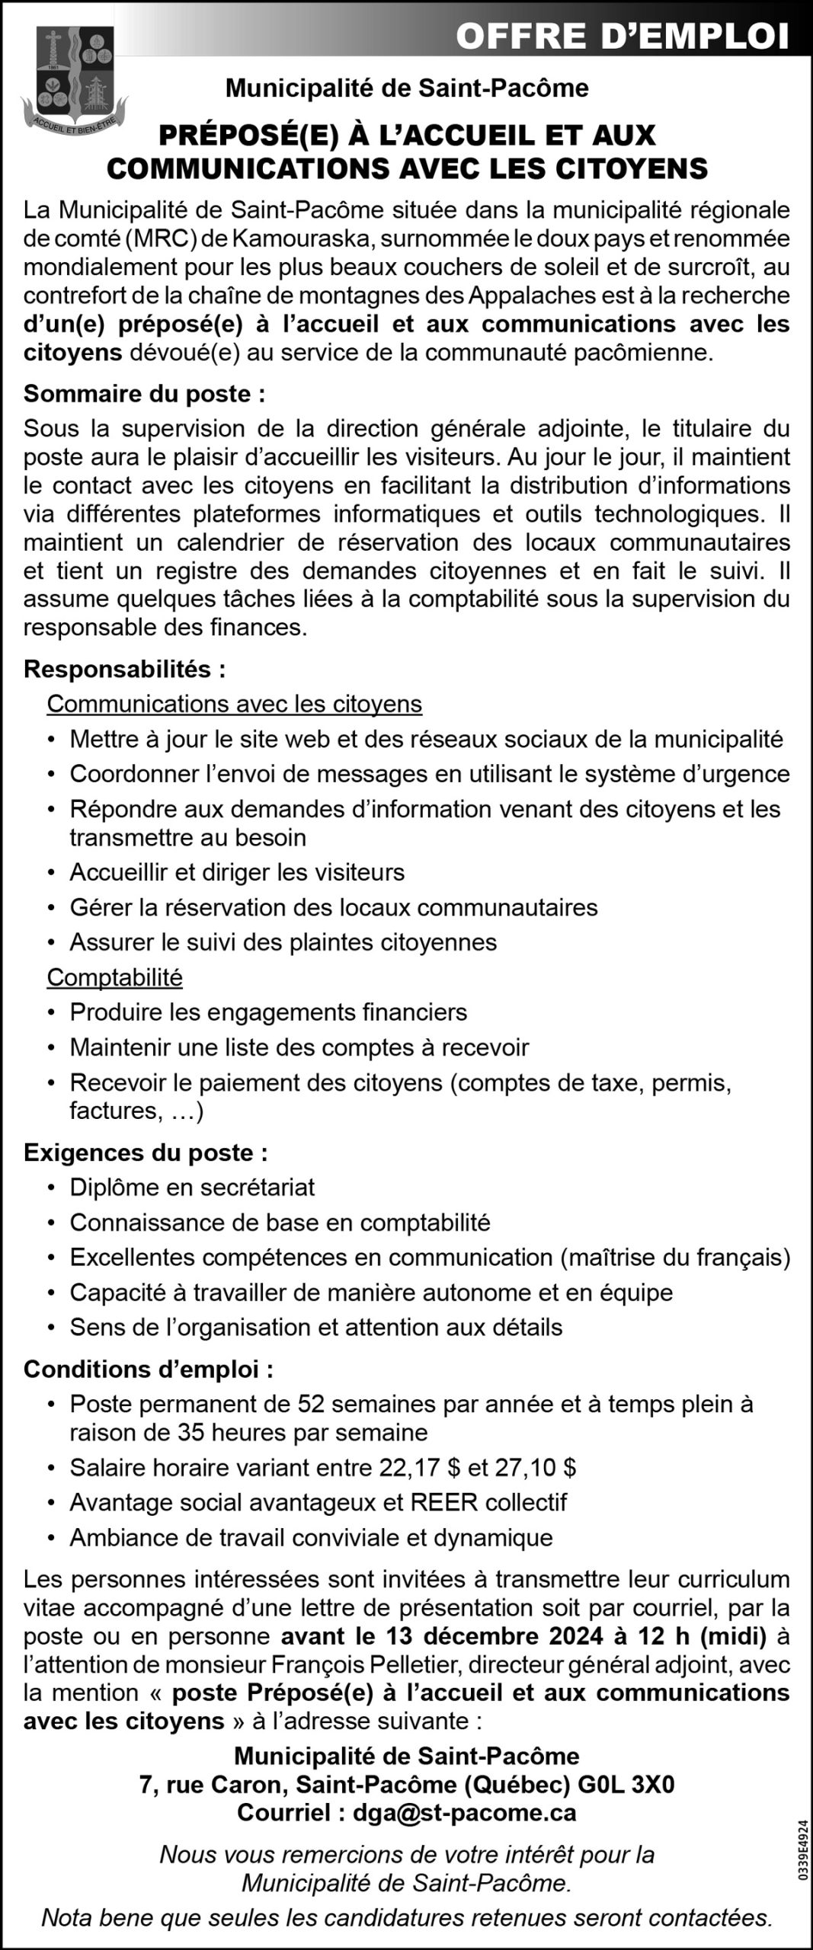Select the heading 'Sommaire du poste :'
[x=145, y=394]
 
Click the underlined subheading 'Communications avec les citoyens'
[x=234, y=703]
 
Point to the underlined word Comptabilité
[x=114, y=977]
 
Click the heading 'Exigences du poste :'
[x=146, y=1152]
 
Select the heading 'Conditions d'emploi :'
[x=149, y=1369]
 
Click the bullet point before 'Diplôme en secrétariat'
[x=51, y=1188]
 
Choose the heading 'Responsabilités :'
[x=125, y=669]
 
